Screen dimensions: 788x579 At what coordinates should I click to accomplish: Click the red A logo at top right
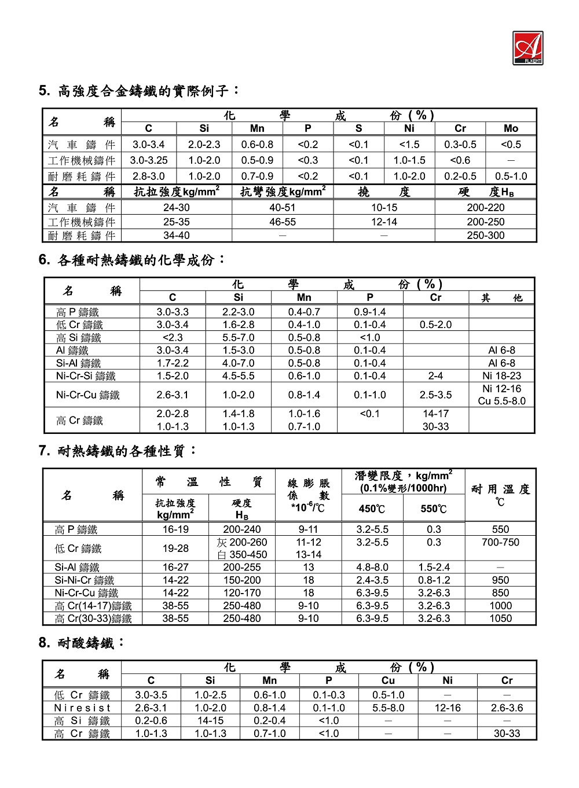point(527,47)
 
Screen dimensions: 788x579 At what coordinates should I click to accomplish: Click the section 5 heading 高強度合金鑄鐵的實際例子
point(139,91)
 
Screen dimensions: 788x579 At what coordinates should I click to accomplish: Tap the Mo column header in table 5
point(511,128)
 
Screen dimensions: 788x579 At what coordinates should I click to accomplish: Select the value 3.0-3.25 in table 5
point(149,160)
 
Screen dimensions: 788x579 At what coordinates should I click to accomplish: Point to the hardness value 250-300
point(485,235)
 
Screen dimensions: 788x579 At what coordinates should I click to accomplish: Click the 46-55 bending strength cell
point(283,222)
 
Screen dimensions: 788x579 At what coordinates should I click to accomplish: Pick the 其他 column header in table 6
point(501,298)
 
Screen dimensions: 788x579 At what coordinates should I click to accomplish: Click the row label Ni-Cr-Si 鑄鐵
point(86,376)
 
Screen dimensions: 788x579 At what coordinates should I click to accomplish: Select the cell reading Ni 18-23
point(501,376)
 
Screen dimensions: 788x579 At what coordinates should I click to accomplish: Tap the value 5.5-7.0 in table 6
point(238,337)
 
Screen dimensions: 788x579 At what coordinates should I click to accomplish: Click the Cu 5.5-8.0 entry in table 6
point(501,401)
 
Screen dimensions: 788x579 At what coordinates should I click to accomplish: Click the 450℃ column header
point(372,509)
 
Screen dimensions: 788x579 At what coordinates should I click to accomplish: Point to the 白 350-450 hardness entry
point(241,554)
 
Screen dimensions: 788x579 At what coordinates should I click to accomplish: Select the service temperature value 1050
point(500,618)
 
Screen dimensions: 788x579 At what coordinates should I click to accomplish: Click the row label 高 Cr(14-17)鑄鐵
point(93,606)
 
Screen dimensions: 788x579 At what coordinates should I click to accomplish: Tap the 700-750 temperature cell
point(500,542)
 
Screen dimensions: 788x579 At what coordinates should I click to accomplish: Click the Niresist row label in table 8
point(82,708)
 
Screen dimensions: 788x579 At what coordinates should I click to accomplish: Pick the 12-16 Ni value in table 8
point(448,708)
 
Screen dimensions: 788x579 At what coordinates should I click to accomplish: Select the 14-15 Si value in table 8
point(210,721)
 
